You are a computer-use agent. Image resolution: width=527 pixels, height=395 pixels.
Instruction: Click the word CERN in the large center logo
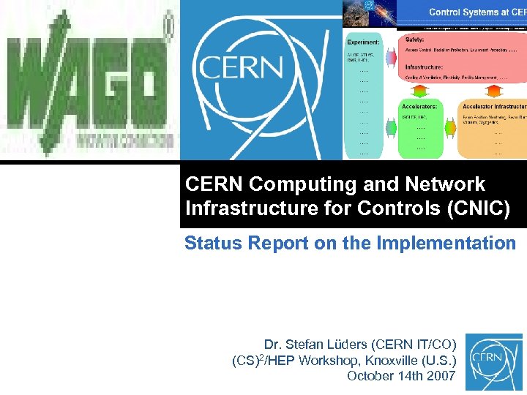click(241, 69)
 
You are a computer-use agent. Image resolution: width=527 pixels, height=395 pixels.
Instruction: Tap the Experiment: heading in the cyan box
click(363, 42)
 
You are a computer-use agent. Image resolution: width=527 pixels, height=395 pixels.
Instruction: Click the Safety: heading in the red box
click(414, 39)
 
